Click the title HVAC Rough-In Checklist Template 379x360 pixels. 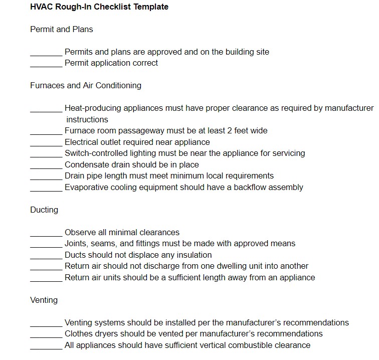99,7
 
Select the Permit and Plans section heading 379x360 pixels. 62,30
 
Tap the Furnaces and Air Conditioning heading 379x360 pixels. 86,86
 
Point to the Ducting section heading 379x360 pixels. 44,210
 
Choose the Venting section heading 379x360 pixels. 44,300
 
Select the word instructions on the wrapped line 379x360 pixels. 87,120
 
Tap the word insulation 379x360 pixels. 193,255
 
